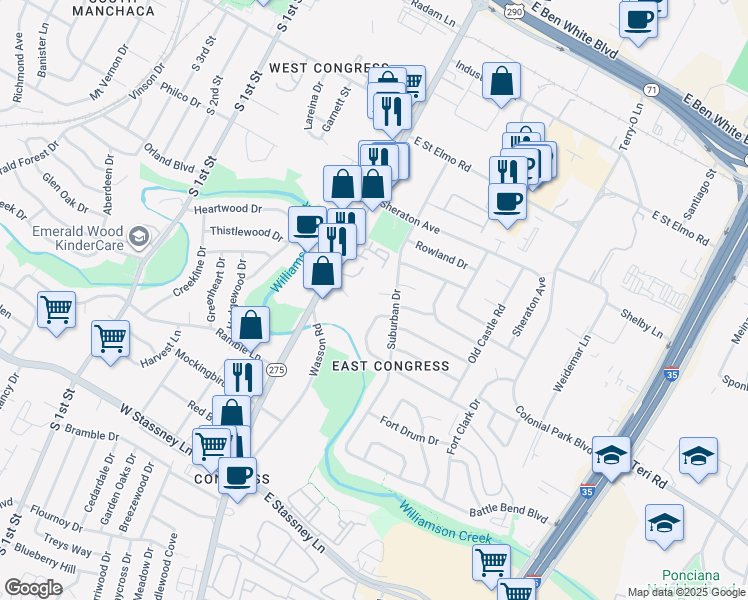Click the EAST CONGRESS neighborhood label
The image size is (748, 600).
pyautogui.click(x=390, y=366)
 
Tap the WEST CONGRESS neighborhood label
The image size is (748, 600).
pyautogui.click(x=328, y=68)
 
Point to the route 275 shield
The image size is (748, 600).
pyautogui.click(x=277, y=369)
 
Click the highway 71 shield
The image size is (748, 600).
pyautogui.click(x=652, y=90)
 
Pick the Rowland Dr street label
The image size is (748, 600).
pyautogui.click(x=441, y=255)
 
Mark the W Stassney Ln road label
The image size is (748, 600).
pyautogui.click(x=155, y=429)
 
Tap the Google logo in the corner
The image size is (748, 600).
pyautogui.click(x=32, y=588)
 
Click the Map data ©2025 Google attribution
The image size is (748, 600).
pyautogui.click(x=686, y=592)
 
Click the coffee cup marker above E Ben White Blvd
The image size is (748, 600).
pyautogui.click(x=638, y=19)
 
